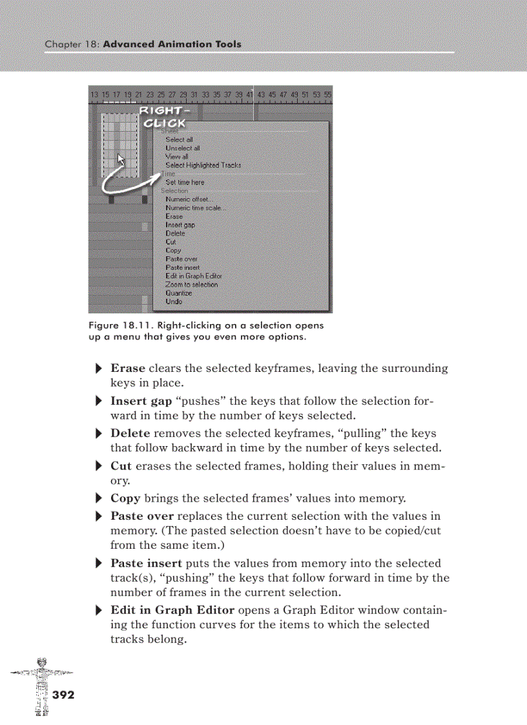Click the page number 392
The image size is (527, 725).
63,695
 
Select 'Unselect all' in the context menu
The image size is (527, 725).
182,148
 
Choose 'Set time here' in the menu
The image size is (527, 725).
184,182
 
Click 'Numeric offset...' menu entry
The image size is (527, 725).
189,199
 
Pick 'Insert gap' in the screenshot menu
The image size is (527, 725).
180,225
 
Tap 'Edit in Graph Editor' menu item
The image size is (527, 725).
193,276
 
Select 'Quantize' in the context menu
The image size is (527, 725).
178,293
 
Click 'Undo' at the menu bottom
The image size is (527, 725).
173,301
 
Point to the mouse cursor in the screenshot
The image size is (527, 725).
121,159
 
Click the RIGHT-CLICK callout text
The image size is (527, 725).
163,117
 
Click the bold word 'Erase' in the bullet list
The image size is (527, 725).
128,369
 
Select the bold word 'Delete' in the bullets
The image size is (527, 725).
130,433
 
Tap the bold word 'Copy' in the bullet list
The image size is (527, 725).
125,498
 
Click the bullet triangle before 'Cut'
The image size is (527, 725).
99,467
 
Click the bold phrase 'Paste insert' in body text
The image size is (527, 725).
145,563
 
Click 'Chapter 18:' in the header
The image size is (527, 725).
72,45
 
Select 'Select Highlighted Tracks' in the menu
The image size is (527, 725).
203,165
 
